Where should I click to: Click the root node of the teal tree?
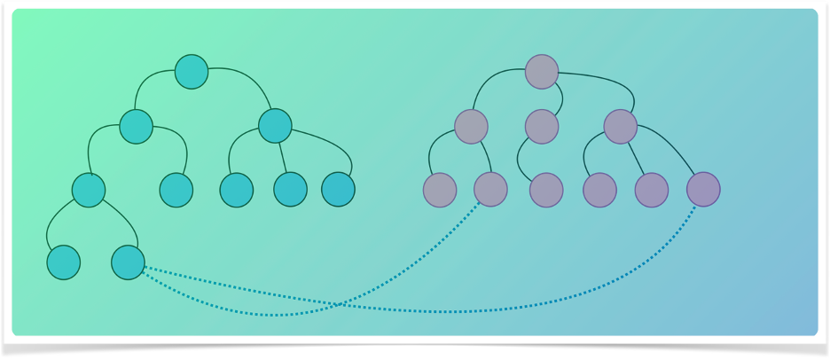coord(192,72)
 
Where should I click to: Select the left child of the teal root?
coord(136,127)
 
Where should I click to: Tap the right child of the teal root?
coord(275,126)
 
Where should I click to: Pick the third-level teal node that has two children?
coord(89,190)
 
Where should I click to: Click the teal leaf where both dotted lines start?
coord(128,262)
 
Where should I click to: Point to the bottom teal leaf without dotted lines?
coord(64,262)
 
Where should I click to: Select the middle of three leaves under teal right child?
coord(290,189)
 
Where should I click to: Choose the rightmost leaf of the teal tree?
coord(338,189)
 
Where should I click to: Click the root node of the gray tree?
coord(542,72)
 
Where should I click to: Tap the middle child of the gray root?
coord(542,126)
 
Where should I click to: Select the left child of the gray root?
coord(472,126)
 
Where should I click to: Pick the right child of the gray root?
coord(621,126)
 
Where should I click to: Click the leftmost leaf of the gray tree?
coord(440,190)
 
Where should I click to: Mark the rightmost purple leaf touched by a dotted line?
coord(703,189)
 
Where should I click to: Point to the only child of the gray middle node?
coord(546,190)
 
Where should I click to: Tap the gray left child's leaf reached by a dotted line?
coord(490,189)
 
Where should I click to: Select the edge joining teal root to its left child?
coord(146,82)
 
